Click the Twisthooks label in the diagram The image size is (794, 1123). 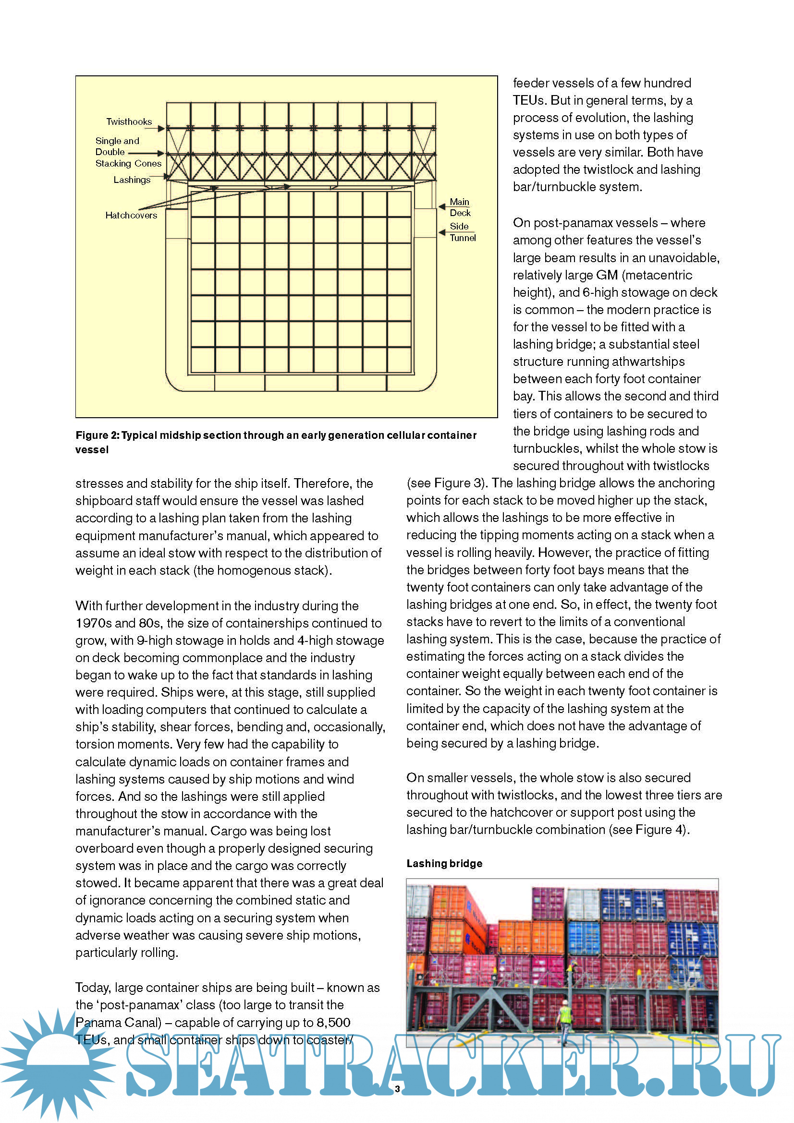click(129, 121)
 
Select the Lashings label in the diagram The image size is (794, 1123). click(132, 180)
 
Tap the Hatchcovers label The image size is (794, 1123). click(131, 215)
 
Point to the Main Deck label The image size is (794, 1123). click(460, 207)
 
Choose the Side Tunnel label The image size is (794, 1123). click(462, 232)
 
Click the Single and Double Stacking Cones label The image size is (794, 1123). click(128, 152)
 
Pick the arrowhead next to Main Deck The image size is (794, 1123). click(442, 206)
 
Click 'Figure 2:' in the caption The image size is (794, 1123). click(98, 435)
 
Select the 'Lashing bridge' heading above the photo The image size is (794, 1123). click(444, 863)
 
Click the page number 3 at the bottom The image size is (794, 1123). click(397, 1089)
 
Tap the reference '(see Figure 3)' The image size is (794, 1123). click(446, 483)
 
